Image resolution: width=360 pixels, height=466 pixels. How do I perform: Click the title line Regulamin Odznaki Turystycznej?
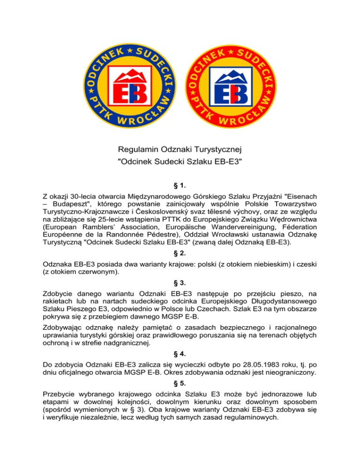[x=180, y=151]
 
